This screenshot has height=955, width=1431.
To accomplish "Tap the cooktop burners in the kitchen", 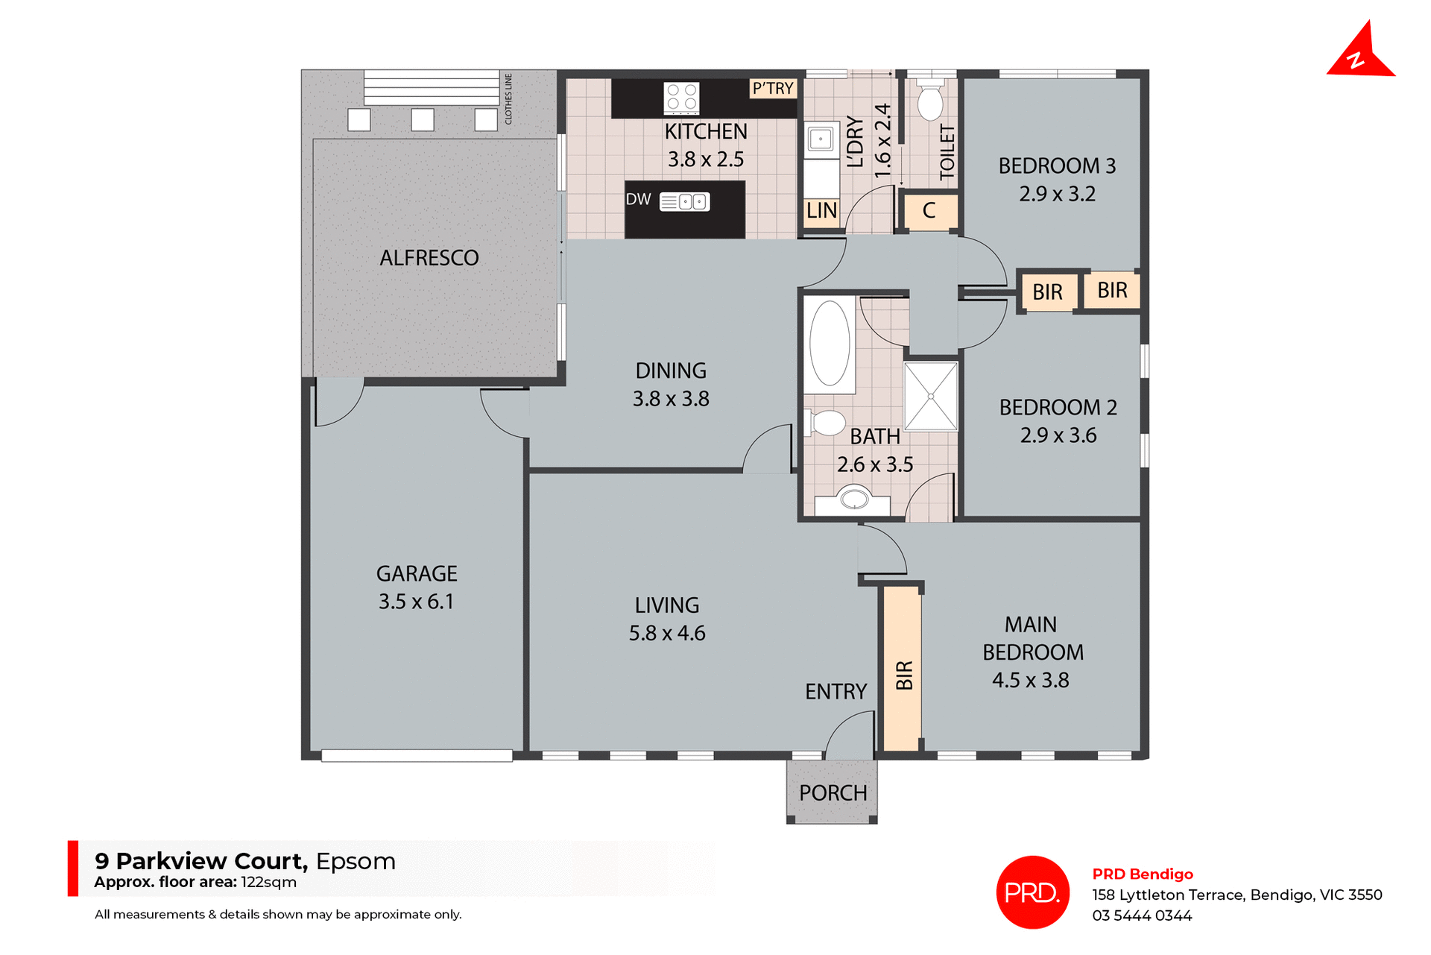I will pyautogui.click(x=681, y=98).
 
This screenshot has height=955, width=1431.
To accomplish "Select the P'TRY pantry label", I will pyautogui.click(x=773, y=89).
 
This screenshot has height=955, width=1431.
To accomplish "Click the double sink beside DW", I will pyautogui.click(x=685, y=201).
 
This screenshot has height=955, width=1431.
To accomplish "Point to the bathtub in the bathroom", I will pyautogui.click(x=829, y=344).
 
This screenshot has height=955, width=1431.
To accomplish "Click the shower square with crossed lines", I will pyautogui.click(x=930, y=396).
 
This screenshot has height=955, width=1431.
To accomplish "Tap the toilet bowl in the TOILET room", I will pyautogui.click(x=930, y=103).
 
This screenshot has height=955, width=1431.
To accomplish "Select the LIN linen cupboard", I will pyautogui.click(x=821, y=211).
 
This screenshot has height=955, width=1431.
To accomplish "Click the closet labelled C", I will pyautogui.click(x=929, y=211).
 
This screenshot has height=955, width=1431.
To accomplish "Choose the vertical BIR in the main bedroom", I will pyautogui.click(x=903, y=667).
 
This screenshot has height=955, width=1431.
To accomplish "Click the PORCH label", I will pyautogui.click(x=833, y=793).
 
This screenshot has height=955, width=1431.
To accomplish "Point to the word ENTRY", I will pyautogui.click(x=835, y=692).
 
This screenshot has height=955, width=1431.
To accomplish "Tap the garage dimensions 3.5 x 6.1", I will pyautogui.click(x=416, y=602).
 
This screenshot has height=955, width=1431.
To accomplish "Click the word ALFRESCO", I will pyautogui.click(x=429, y=258).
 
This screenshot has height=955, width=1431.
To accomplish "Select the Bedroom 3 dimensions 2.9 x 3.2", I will pyautogui.click(x=1057, y=194).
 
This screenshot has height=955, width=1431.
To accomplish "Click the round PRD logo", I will pyautogui.click(x=1032, y=892).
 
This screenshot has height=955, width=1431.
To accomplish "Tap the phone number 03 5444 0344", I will pyautogui.click(x=1142, y=915).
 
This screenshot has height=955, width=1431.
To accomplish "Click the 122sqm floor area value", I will pyautogui.click(x=268, y=883).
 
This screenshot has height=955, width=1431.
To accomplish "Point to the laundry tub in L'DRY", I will pyautogui.click(x=820, y=139).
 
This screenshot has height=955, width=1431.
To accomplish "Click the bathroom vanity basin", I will pyautogui.click(x=853, y=498).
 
